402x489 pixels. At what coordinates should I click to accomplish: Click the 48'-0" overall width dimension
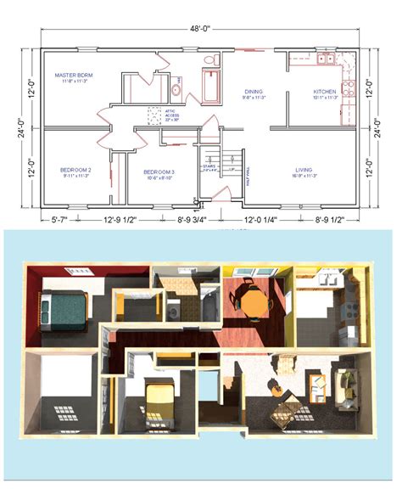click(200, 28)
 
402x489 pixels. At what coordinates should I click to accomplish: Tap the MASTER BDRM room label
click(74, 76)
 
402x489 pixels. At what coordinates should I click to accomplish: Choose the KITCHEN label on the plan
click(325, 92)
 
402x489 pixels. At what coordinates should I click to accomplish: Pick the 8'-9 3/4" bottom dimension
click(194, 219)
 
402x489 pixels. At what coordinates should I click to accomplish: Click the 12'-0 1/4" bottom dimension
click(267, 219)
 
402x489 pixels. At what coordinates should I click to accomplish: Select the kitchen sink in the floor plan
click(325, 59)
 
